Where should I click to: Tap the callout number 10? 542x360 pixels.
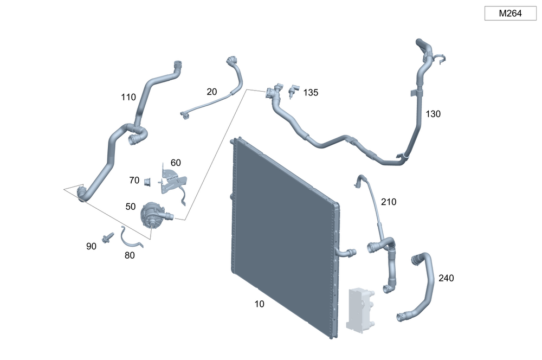[x=260, y=304]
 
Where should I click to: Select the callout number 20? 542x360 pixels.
[x=212, y=92]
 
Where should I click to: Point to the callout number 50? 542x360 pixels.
[x=131, y=207]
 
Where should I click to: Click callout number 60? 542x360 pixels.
[x=176, y=163]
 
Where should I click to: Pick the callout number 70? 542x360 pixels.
[x=134, y=180]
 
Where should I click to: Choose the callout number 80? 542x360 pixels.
[x=130, y=255]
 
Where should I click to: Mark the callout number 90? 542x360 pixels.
[x=91, y=246]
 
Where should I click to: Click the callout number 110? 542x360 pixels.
[x=128, y=98]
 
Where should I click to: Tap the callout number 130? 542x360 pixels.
[x=433, y=114]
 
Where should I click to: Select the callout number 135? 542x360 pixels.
[x=311, y=93]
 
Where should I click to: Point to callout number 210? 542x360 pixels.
[x=389, y=202]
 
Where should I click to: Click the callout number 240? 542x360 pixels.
[x=446, y=278]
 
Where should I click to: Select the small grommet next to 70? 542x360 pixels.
[x=146, y=181]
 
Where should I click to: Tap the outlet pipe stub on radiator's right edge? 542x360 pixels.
[x=347, y=252]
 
